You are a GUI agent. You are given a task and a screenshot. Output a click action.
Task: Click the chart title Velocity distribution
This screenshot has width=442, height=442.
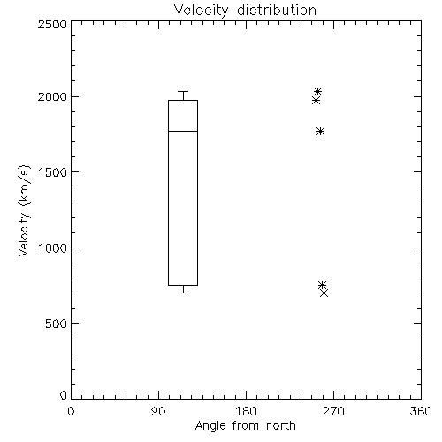245,11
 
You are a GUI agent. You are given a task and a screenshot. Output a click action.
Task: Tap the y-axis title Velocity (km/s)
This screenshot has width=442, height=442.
24,210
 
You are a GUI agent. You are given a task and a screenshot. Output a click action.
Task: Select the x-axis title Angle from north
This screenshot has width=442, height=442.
245,426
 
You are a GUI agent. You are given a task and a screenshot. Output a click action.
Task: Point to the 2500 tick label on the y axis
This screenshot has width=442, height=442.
52,24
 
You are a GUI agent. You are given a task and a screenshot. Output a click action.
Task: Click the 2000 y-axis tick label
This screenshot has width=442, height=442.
52,96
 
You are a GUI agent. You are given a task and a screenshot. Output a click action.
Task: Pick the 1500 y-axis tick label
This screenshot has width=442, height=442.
53,172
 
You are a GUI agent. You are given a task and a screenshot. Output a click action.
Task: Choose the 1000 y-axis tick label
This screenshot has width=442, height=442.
53,248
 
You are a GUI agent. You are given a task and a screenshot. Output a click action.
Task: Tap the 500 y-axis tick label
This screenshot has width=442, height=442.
57,324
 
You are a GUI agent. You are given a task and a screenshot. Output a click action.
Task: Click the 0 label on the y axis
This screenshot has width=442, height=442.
64,395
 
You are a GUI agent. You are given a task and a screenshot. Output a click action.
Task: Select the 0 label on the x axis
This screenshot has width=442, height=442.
71,411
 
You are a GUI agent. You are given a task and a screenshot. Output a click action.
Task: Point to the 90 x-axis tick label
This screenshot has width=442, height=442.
158,411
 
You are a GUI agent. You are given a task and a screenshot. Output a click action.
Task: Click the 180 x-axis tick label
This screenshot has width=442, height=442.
246,411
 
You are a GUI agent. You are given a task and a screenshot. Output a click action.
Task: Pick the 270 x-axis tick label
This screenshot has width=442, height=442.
333,411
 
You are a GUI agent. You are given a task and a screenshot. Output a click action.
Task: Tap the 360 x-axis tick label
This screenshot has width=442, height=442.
421,411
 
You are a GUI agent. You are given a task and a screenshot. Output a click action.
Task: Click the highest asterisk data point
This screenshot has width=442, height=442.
317,91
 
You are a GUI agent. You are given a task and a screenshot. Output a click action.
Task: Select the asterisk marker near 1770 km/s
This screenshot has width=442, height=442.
321,131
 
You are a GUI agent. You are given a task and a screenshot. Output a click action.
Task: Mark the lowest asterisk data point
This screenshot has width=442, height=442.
324,293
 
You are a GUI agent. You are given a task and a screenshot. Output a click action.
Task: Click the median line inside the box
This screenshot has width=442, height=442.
183,131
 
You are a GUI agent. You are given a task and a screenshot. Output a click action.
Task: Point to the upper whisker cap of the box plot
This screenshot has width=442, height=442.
183,91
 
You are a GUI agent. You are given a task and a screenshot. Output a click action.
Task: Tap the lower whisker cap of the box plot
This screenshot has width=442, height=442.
183,293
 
